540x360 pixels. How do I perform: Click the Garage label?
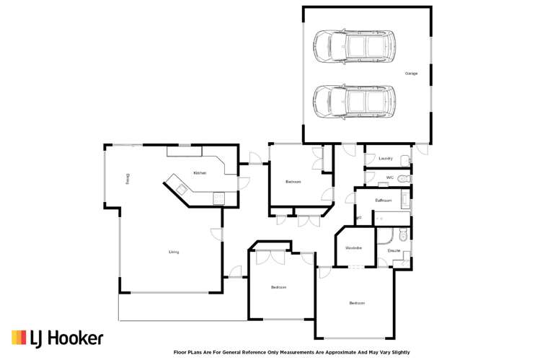pos(411,74)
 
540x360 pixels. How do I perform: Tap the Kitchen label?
pos(200,173)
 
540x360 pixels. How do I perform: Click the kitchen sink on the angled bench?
pos(180,189)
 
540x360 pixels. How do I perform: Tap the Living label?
pos(174,252)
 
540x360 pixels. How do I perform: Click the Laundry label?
pos(384,159)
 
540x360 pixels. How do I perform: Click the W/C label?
pos(389,177)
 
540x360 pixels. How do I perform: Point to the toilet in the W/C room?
pos(404,177)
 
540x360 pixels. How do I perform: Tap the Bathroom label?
pos(384,200)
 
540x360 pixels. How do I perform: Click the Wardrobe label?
pos(353,248)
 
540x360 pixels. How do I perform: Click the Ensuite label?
pos(394,250)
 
